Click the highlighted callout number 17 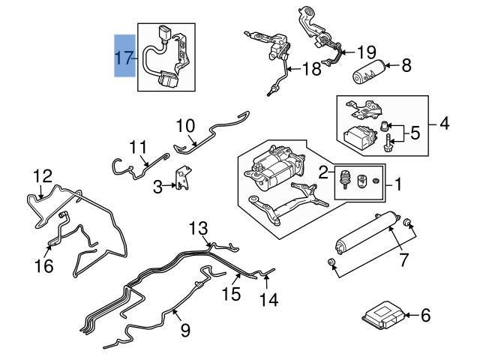[x=124, y=56]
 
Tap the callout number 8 [x=406, y=66]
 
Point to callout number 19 [x=365, y=52]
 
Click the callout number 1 [x=398, y=182]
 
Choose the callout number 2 [x=324, y=172]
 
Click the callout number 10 [x=185, y=124]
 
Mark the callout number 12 [x=43, y=177]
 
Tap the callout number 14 [x=268, y=300]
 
